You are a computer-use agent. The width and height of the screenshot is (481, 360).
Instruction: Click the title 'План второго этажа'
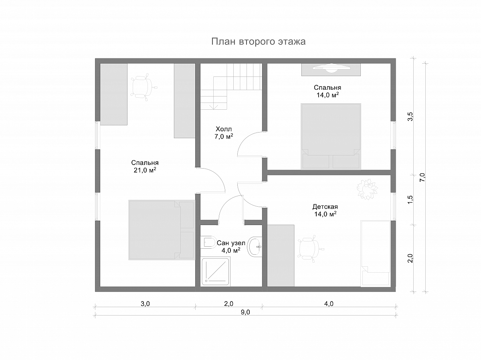click(x=259, y=42)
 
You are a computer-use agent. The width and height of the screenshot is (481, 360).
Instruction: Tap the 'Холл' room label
click(x=224, y=129)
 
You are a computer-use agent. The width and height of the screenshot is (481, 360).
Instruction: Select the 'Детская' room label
click(x=325, y=207)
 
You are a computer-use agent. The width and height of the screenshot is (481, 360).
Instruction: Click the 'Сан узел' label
click(x=231, y=243)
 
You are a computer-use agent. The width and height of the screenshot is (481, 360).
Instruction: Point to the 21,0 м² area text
click(x=145, y=170)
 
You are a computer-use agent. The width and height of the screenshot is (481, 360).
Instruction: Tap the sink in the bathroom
click(x=255, y=247)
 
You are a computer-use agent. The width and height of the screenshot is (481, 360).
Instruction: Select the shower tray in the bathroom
click(x=216, y=272)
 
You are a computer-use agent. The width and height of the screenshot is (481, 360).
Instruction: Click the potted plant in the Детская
click(x=367, y=189)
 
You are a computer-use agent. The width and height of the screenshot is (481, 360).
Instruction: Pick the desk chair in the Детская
click(x=310, y=249)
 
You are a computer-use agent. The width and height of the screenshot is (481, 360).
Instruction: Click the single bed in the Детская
click(x=376, y=253)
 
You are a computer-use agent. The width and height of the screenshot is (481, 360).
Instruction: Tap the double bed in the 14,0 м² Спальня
click(x=331, y=137)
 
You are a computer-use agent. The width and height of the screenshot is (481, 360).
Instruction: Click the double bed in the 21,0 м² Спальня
click(x=162, y=230)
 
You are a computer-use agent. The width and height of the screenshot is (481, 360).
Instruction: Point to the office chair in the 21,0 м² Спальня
click(x=143, y=87)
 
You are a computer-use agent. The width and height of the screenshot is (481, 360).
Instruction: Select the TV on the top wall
click(x=331, y=68)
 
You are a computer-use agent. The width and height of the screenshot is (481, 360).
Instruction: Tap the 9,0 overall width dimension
click(x=245, y=312)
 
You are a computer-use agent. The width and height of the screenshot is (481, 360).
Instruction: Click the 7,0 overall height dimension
click(x=422, y=177)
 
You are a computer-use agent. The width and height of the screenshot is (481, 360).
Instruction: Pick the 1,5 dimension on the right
click(x=410, y=200)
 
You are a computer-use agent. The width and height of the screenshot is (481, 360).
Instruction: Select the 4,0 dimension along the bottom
click(x=329, y=304)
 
